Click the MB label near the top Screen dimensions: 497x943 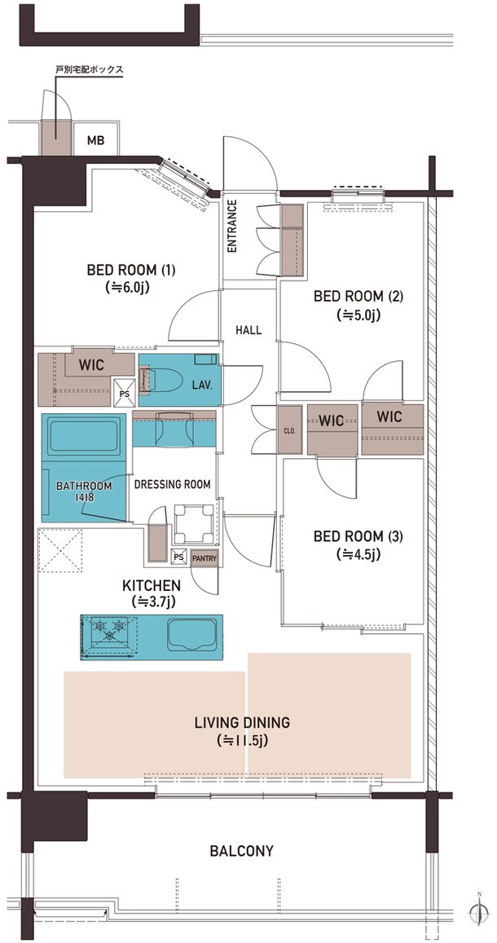click(95, 141)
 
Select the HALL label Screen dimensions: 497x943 click(248, 330)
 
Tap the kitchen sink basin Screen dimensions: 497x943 click(191, 634)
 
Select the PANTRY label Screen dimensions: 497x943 click(204, 558)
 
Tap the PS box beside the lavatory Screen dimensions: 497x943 click(125, 393)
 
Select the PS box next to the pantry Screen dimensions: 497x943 click(178, 557)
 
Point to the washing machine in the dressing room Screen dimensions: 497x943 click(193, 522)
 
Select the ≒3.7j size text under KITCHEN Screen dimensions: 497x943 click(152, 600)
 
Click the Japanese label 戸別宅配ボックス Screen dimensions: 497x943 click(89, 70)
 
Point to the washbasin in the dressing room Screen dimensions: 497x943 click(174, 428)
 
